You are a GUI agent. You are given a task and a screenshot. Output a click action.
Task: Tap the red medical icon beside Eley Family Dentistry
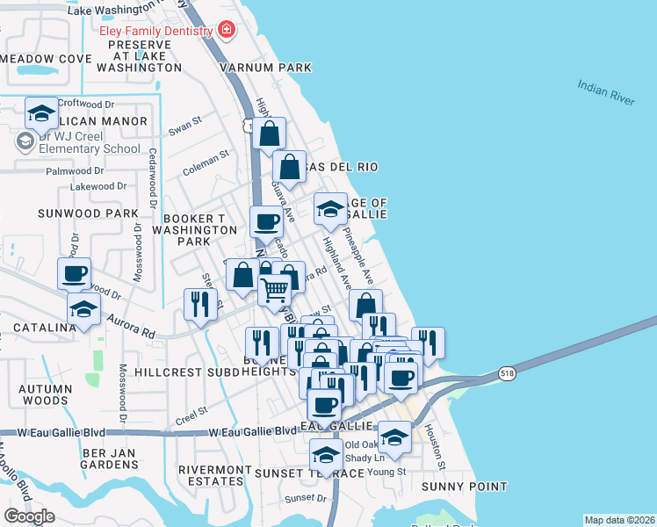tap(227, 31)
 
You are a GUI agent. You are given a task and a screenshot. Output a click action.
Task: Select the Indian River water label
tap(606, 92)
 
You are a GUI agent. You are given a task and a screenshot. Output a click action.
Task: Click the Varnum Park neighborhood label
tap(265, 68)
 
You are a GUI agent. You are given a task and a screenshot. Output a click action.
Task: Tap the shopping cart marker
tap(275, 288)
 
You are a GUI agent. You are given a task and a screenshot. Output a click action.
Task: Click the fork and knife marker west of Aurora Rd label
tap(199, 304)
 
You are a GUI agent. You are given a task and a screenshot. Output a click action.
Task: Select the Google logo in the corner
tap(29, 516)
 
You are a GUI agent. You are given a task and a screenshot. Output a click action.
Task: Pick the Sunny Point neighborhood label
tap(464, 487)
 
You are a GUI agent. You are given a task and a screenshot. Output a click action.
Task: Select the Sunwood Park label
tap(88, 213)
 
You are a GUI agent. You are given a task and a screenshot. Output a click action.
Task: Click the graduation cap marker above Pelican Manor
tap(41, 112)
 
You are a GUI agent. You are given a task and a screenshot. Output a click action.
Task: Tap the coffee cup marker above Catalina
tap(75, 272)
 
